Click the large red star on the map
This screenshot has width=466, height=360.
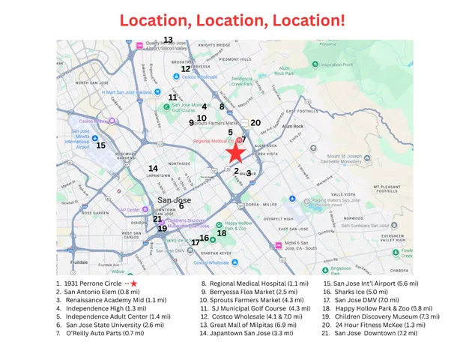point(235,153)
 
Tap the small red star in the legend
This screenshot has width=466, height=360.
point(133,283)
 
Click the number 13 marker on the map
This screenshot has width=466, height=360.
point(168,40)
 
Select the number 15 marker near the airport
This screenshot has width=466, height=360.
point(101,145)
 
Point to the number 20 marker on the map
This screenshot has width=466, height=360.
point(255,122)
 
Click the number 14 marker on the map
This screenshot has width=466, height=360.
point(153,169)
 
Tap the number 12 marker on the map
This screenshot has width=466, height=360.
point(186,69)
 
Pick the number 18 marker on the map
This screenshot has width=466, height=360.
point(222,233)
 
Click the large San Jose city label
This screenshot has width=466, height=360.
point(174,200)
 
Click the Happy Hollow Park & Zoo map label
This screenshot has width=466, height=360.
point(239,226)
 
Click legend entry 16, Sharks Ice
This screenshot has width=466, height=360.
point(360,293)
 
